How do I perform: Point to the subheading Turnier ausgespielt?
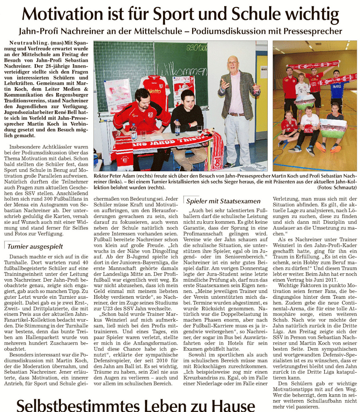pyautogui.click(x=35, y=247)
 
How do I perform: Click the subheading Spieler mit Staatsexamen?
pyautogui.click(x=223, y=201)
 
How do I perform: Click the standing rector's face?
pyautogui.click(x=232, y=62)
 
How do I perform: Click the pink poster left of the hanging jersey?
pyautogui.click(x=118, y=95)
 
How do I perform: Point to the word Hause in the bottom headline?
pyautogui.click(x=232, y=405)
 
